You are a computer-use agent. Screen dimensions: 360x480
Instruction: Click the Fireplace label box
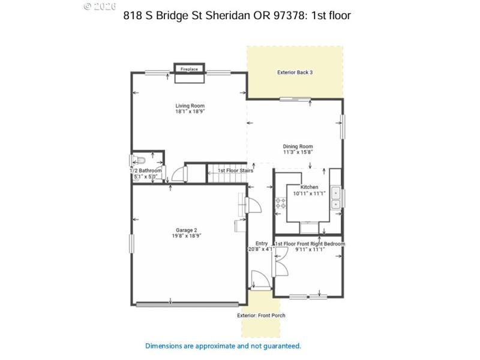pos(189,70)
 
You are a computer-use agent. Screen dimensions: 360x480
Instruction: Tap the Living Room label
pos(186,106)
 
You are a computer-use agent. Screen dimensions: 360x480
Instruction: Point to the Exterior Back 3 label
pos(295,73)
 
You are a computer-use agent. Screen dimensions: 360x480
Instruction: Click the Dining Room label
pos(298,146)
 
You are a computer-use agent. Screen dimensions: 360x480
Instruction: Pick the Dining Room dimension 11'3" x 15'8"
pos(298,152)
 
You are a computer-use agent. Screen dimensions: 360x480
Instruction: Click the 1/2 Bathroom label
pos(146,171)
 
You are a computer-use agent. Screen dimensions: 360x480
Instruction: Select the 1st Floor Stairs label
pos(235,170)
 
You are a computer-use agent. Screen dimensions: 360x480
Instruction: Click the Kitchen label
pos(309,187)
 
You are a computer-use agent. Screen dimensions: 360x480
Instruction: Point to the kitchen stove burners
pos(280,203)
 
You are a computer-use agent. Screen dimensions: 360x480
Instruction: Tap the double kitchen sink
pos(336,199)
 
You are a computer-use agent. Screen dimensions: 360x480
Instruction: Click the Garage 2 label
pos(186,230)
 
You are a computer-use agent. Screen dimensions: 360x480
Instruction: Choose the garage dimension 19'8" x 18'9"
pos(186,236)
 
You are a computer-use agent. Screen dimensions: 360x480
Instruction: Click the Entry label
pos(261,243)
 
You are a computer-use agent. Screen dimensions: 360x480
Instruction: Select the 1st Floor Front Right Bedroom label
pos(310,244)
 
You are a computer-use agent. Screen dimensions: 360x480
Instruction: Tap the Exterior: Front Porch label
pos(261,316)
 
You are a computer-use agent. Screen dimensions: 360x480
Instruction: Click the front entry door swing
pos(259,280)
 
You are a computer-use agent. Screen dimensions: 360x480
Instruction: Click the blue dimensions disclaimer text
pos(223,346)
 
